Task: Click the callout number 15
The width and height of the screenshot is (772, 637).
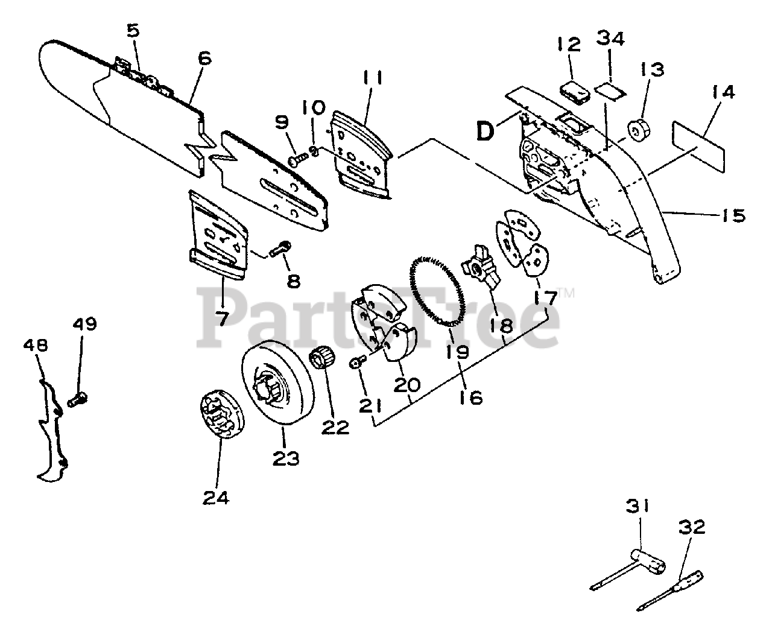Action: [x=733, y=215]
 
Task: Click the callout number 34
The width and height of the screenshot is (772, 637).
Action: [x=610, y=39]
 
